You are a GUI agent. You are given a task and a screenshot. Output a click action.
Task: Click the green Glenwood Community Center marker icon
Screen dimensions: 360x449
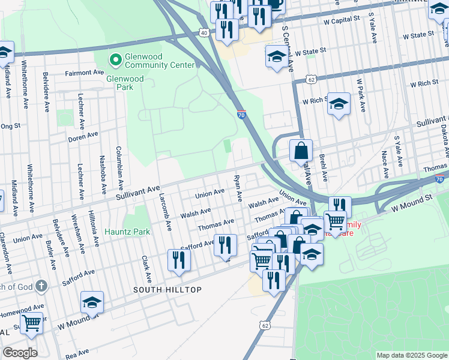pos(114,59)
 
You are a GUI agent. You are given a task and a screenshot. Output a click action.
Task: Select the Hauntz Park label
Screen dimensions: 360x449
pos(127,231)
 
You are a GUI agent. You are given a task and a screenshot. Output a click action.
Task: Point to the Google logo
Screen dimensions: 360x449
pos(20,353)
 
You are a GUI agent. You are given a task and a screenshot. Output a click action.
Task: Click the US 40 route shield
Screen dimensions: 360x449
pos(204,32)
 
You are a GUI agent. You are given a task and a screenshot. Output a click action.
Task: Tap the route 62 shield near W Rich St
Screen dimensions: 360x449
pos(310,79)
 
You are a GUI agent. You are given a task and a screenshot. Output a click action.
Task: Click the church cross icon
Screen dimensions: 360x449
pos(41,286)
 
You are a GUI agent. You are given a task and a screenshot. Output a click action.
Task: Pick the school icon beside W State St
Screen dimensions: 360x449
pos(276,56)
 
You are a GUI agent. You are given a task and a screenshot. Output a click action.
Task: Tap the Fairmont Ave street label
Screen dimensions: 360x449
pos(85,73)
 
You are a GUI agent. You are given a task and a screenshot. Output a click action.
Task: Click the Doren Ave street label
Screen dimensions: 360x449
pos(83,136)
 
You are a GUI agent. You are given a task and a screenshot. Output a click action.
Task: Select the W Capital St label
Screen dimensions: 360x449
pos(340,19)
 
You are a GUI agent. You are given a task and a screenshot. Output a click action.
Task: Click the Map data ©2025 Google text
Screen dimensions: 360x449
pos(411,355)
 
